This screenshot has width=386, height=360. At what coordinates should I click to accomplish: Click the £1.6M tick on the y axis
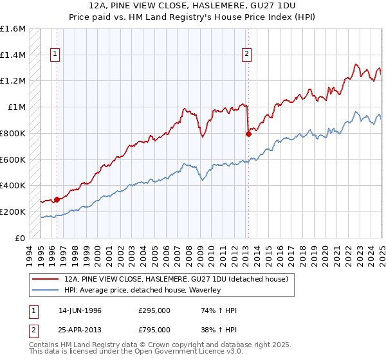[x=13, y=29]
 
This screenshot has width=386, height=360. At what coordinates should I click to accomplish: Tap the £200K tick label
[x=13, y=212]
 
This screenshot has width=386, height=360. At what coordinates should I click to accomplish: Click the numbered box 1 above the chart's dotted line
[x=56, y=55]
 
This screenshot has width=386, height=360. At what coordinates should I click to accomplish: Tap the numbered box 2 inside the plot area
[x=247, y=55]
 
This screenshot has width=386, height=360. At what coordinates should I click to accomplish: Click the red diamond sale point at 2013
[x=248, y=134]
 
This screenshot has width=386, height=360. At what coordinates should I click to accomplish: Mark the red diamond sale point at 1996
[x=57, y=199]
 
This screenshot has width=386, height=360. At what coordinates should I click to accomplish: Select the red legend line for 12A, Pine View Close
[x=45, y=280]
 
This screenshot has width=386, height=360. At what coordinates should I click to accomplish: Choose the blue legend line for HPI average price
[x=45, y=291]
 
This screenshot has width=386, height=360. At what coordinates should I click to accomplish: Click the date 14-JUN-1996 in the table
[x=80, y=310]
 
